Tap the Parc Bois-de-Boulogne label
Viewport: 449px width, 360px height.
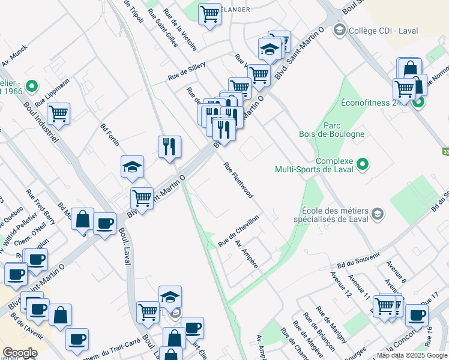point(332,130)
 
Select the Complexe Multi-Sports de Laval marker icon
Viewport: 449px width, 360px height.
point(362,163)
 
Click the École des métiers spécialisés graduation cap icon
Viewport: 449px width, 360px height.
point(377,214)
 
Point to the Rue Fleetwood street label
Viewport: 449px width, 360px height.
point(238,180)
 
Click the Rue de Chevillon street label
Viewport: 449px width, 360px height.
point(238,230)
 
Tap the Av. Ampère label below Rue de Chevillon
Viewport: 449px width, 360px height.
point(247,254)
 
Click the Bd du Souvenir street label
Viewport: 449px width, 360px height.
point(359,261)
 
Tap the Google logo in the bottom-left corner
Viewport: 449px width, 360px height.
point(20,353)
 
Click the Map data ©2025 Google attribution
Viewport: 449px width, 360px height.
point(412,355)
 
